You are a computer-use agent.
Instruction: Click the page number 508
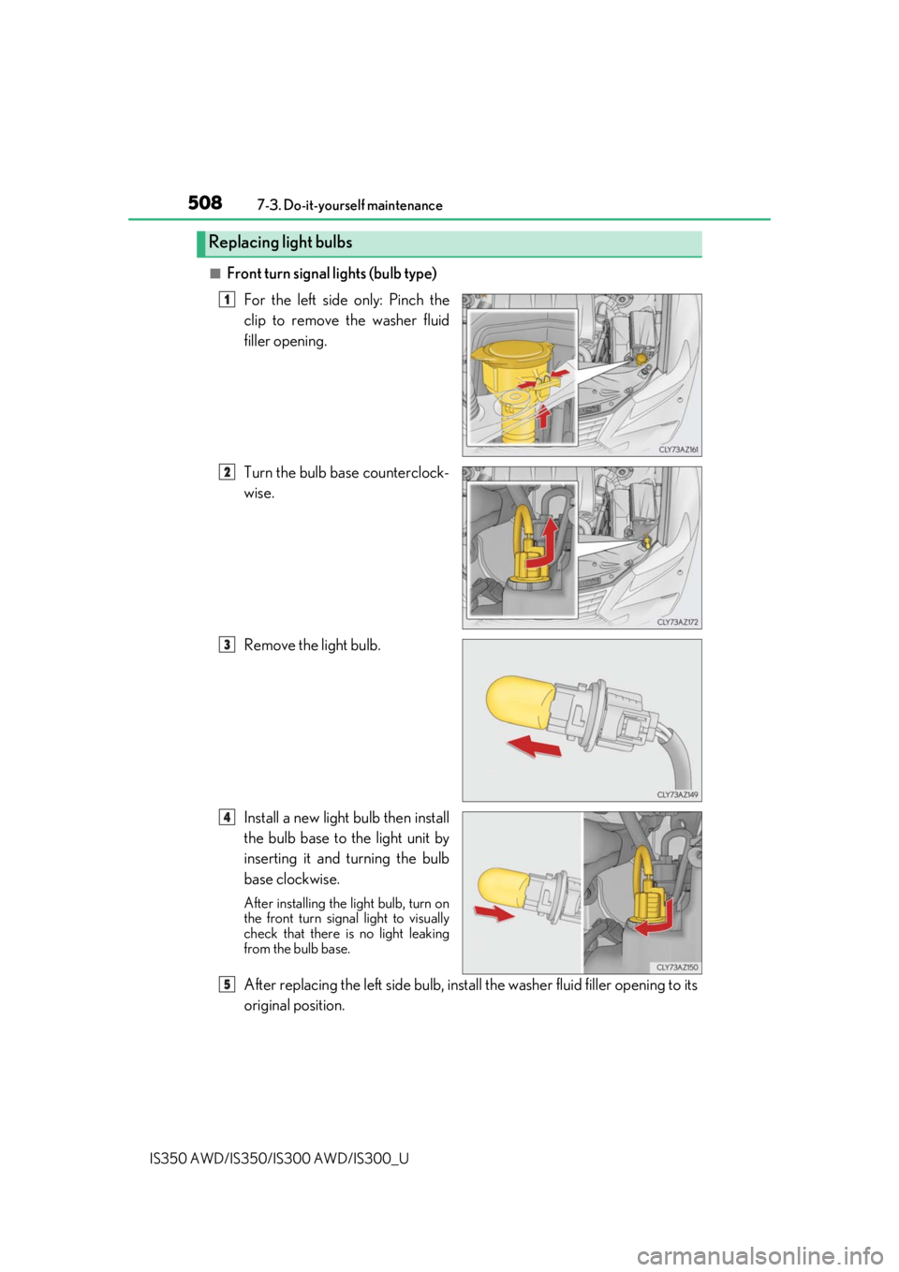coord(205,202)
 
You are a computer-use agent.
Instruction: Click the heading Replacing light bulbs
coord(280,243)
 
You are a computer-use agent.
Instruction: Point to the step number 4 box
coord(227,817)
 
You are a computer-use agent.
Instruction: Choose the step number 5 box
coord(227,984)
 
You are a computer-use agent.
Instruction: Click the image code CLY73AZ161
coord(678,450)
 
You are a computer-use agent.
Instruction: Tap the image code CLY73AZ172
coord(678,622)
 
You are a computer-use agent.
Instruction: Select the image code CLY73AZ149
coord(678,795)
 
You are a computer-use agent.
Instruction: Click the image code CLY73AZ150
coord(678,967)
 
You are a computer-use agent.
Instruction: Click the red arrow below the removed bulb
coord(534,746)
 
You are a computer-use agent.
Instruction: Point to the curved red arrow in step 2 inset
coord(542,542)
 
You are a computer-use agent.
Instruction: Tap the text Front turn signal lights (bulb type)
coord(332,274)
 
